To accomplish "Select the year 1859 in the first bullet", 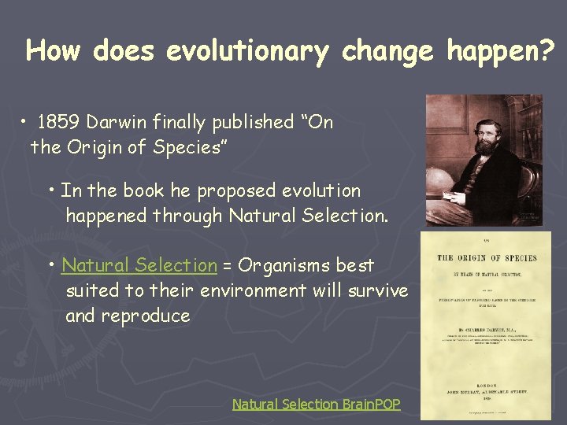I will point(59,122).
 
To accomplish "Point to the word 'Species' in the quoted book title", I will point(191,147).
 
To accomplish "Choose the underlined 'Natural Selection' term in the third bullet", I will point(139,265).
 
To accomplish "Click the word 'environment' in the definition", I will point(252,290).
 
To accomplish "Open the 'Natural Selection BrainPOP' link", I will point(316,404).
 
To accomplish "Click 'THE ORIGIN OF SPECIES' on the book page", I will point(486,258).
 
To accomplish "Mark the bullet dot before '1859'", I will point(26,123).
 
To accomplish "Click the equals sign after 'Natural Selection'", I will point(226,266).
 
